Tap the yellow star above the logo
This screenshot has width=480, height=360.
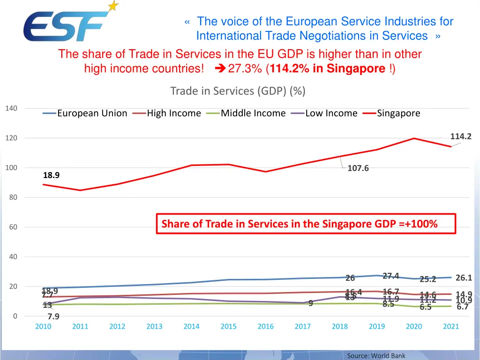113,6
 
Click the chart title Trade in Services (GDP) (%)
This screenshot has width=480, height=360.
238,90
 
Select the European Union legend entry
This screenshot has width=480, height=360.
85,113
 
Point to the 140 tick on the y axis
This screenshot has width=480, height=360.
11,108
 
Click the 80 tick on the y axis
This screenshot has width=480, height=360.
13,197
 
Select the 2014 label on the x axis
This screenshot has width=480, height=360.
191,326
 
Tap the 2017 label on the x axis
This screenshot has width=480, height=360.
302,326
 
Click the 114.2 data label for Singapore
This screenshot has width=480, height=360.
461,136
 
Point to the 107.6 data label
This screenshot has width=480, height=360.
358,168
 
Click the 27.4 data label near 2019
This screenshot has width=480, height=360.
390,276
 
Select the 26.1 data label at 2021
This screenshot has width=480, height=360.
464,277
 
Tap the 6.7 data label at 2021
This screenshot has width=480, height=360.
463,307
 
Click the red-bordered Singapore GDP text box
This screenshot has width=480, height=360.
306,224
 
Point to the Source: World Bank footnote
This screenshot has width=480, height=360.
376,356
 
